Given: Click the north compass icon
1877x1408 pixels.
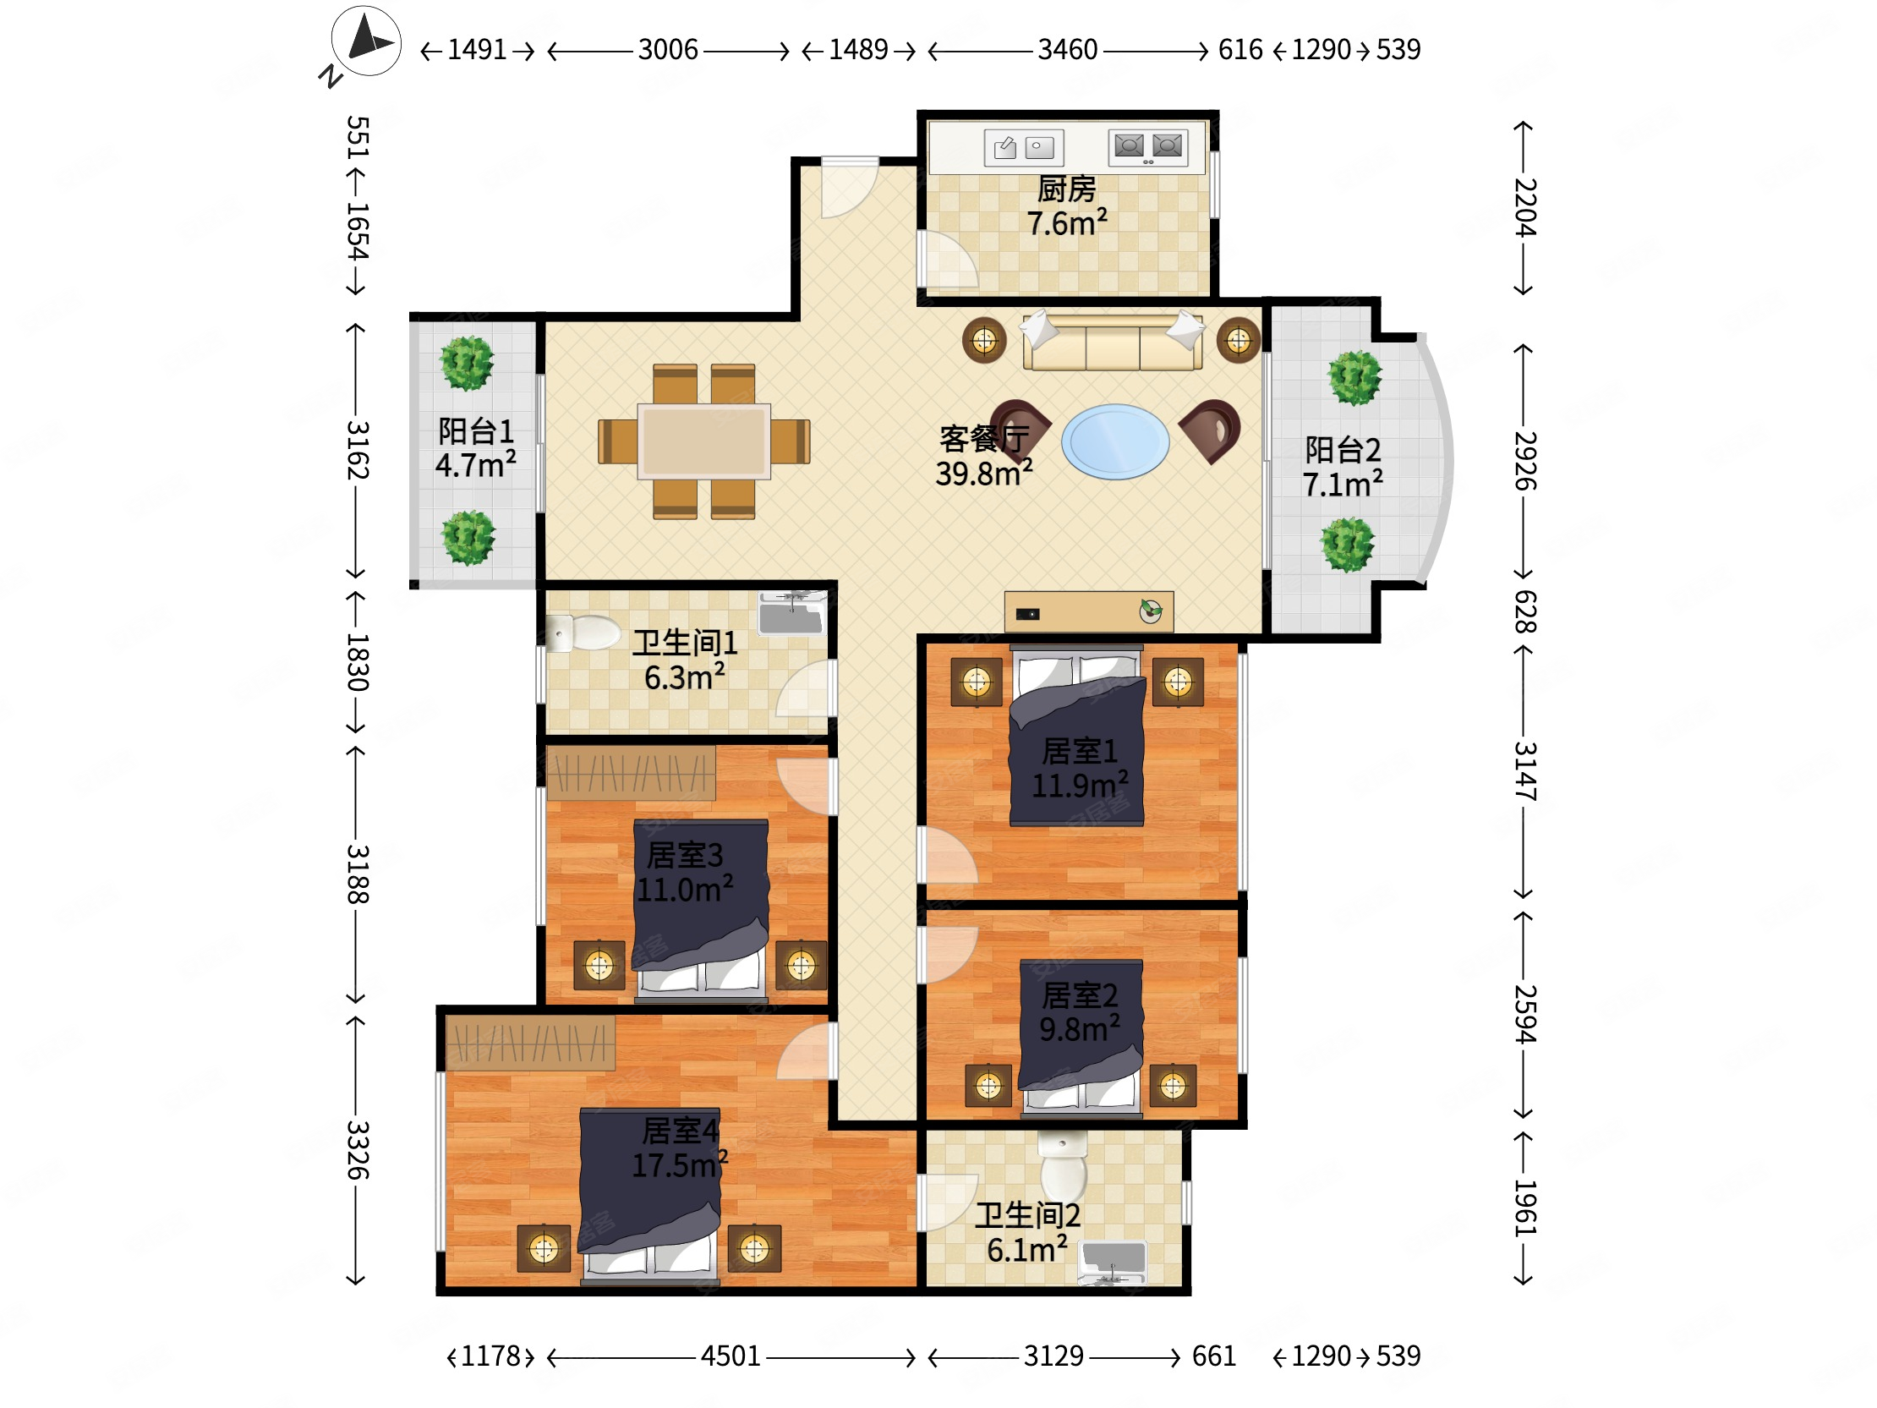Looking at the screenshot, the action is (x=367, y=41).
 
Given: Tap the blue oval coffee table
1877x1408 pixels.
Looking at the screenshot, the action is (x=1115, y=441).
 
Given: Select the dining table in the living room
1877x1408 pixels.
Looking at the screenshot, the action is (x=704, y=441).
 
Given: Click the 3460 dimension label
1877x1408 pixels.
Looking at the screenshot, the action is (x=1068, y=50).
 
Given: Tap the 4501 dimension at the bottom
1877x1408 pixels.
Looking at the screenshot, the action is (x=731, y=1356).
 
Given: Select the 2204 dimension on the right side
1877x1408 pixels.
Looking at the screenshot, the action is (x=1524, y=208).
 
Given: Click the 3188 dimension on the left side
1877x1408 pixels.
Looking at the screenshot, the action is (x=358, y=874).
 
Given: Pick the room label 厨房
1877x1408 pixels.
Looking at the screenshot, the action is (x=1067, y=189).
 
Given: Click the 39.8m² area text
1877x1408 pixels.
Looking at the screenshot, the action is (x=984, y=474).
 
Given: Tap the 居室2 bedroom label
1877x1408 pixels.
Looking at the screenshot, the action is (x=1080, y=994).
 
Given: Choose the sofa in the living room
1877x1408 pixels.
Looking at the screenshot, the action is (x=1113, y=341).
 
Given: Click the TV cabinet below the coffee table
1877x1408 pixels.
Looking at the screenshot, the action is (x=1089, y=612).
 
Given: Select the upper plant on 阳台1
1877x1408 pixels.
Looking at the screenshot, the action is (x=467, y=364).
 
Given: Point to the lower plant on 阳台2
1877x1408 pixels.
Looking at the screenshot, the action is (x=1348, y=544).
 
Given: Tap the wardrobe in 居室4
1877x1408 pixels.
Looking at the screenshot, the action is (x=530, y=1043).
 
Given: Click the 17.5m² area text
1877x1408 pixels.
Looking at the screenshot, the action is (x=680, y=1165).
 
